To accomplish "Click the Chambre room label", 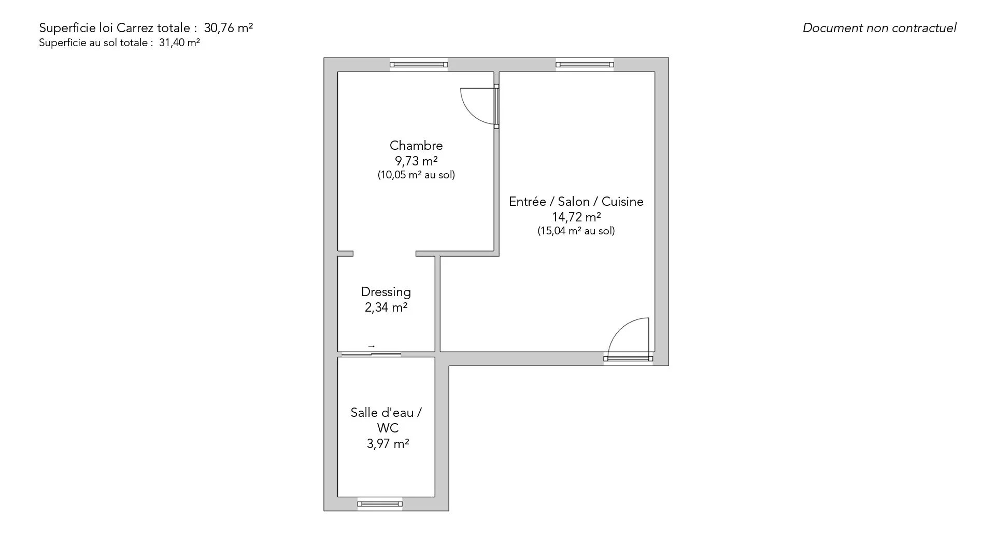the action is pos(416,146).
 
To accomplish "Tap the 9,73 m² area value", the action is pos(416,161).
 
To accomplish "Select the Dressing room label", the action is pos(386,292).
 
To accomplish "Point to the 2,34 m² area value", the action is pos(386,307).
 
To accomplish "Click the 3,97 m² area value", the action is pos(388,444).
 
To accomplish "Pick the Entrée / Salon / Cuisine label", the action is pos(576,202).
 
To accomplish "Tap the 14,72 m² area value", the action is pos(576,217).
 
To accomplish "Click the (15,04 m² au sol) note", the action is pos(576,231).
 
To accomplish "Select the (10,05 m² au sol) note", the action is pos(416,175).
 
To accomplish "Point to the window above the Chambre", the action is pos(419,65).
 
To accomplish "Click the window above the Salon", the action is pos(585,65).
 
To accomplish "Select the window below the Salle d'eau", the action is pos(380,503).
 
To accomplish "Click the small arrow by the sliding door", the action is pos(372,346).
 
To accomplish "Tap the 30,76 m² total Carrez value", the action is pos(229,28).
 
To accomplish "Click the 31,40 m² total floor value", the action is pos(179,43).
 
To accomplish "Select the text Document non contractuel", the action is pos(879,28).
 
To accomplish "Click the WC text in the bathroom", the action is pos(388,428).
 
